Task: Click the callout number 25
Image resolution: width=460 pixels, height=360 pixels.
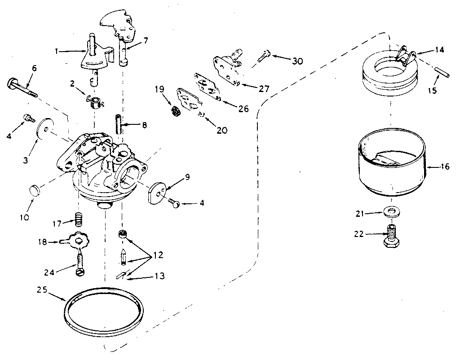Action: (42, 290)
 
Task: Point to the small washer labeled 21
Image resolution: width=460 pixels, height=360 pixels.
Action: (391, 211)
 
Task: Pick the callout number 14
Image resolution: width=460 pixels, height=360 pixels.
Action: (439, 50)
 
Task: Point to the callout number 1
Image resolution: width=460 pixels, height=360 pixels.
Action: (57, 52)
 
